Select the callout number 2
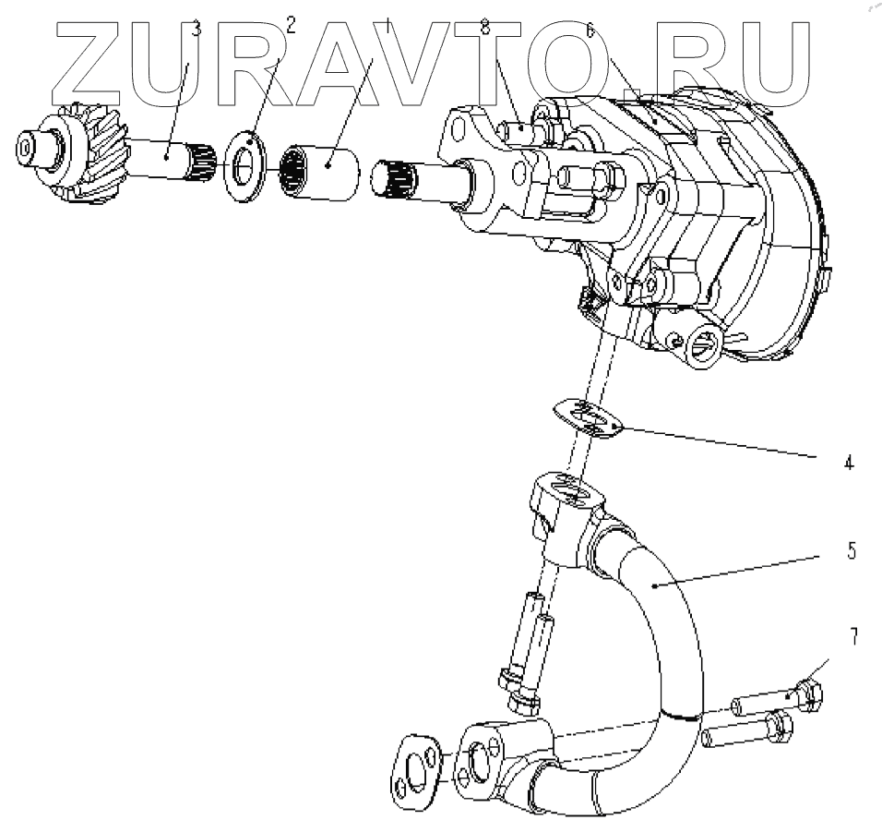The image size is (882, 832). [x=292, y=25]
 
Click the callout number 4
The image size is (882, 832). [x=848, y=461]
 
